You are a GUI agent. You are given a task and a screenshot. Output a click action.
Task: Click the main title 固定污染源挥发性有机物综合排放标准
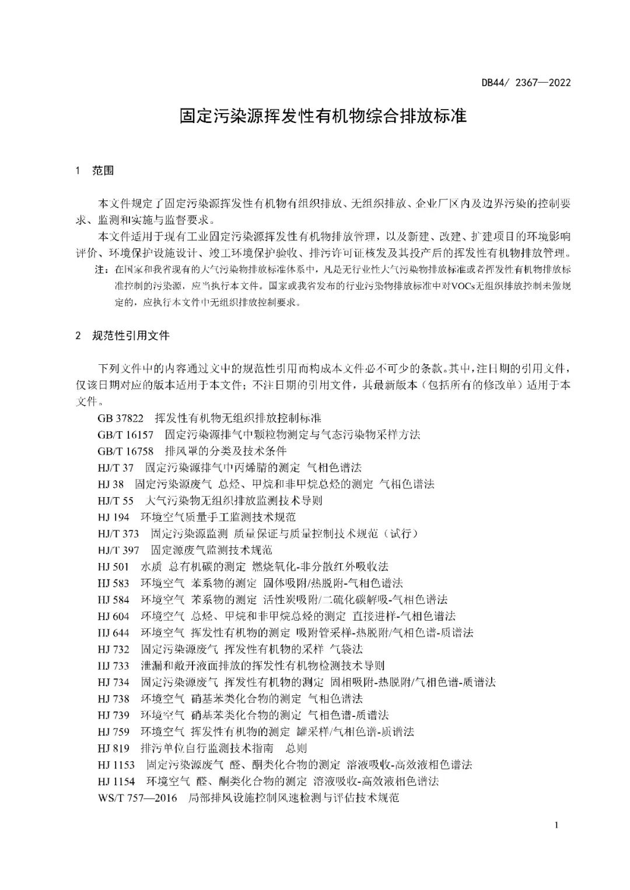(x=323, y=116)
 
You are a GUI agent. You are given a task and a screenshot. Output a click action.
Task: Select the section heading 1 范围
(x=95, y=171)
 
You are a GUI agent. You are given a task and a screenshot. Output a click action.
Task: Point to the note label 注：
(x=101, y=270)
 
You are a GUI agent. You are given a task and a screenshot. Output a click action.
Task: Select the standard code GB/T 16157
(x=126, y=435)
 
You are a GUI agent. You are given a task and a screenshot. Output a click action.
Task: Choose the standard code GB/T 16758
(x=126, y=451)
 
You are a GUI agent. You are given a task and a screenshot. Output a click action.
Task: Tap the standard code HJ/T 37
(x=116, y=467)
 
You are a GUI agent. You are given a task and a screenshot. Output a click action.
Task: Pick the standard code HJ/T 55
(x=116, y=501)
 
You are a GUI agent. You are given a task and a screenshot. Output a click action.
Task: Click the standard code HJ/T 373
(x=119, y=533)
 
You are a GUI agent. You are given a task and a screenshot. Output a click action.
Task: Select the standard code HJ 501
(x=114, y=567)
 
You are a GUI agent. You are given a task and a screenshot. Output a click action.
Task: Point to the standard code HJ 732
(x=114, y=649)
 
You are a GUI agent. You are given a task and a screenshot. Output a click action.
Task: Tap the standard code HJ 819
(x=114, y=748)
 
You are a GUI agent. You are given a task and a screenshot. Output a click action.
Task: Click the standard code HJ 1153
(x=117, y=765)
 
